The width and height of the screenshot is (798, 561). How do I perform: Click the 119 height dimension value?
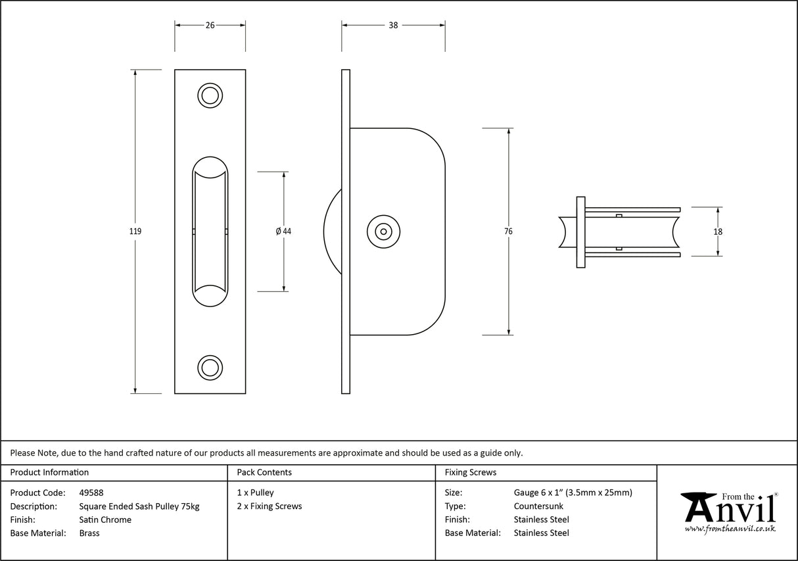[x=135, y=232]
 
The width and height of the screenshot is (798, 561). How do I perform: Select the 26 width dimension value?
[x=210, y=26]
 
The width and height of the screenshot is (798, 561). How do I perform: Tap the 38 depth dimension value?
[x=393, y=26]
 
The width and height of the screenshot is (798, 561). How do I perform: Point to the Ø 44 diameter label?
[x=283, y=232]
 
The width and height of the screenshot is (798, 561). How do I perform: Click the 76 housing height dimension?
[x=509, y=232]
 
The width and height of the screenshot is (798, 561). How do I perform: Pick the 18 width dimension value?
[x=718, y=232]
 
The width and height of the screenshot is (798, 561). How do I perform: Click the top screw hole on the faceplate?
[x=210, y=95]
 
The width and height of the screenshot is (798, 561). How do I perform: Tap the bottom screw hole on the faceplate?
[x=210, y=368]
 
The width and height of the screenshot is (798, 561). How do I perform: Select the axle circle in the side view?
[x=383, y=232]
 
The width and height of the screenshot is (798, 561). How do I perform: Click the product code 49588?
[x=91, y=493]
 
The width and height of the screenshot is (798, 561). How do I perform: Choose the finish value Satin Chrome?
[x=105, y=520]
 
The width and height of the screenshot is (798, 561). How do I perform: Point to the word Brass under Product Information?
[x=89, y=533]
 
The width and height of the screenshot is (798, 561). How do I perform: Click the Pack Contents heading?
[x=264, y=472]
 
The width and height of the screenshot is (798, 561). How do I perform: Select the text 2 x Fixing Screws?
[x=270, y=506]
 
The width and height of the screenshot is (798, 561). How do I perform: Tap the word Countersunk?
[x=538, y=506]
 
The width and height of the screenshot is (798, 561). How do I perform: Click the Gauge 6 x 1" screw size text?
[x=573, y=493]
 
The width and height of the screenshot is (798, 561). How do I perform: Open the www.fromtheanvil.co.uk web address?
[x=730, y=529]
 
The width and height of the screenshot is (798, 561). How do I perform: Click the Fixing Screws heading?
[x=471, y=472]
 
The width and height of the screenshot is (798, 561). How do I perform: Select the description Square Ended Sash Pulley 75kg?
[x=139, y=506]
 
